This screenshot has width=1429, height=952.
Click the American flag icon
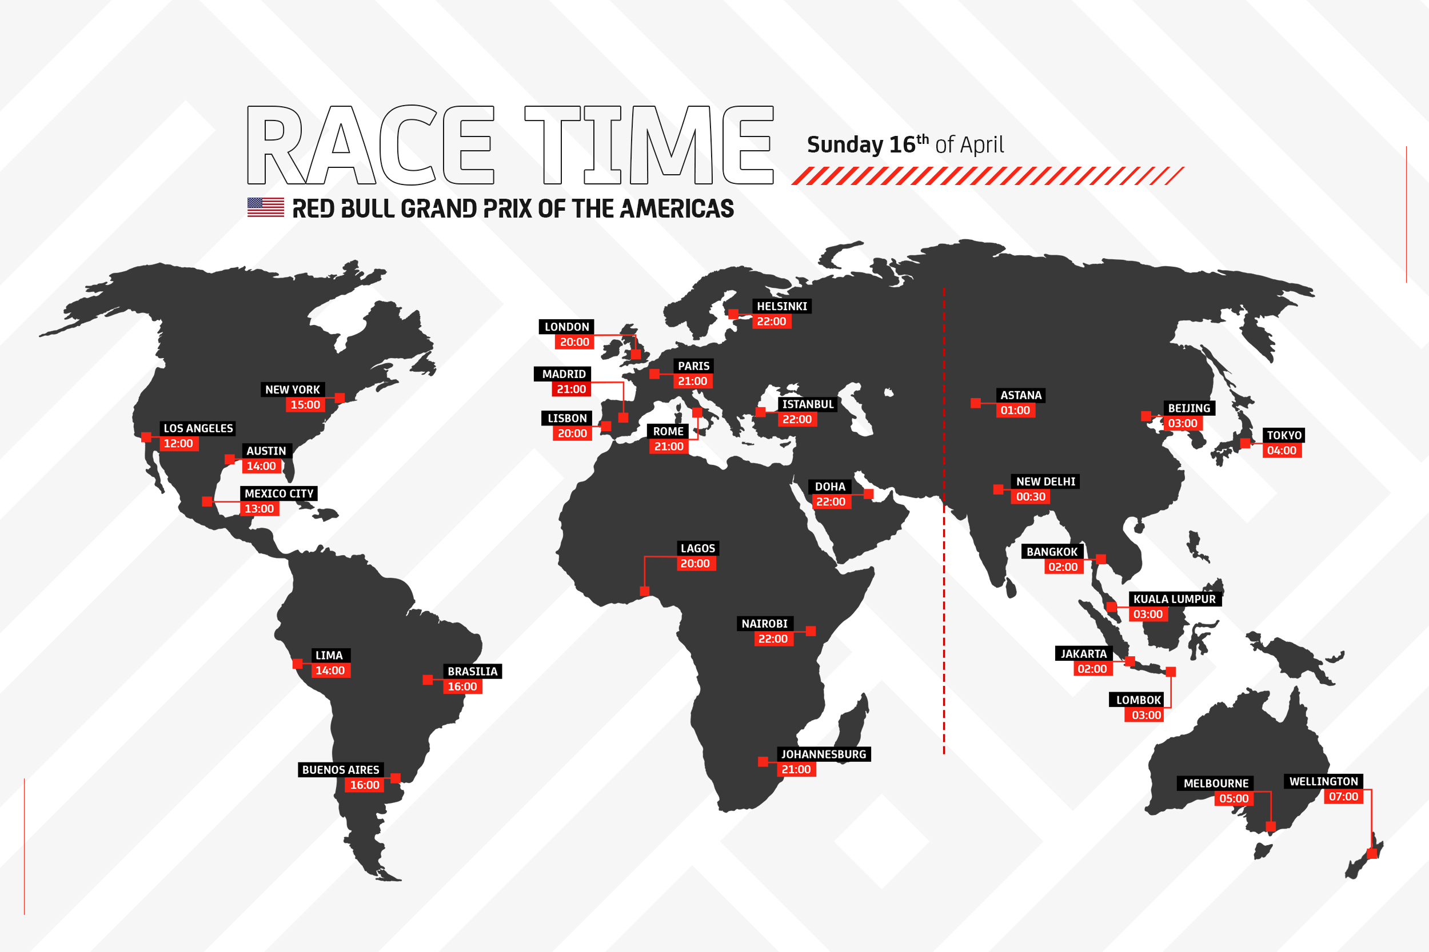(265, 207)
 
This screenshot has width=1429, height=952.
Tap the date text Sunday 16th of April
(905, 144)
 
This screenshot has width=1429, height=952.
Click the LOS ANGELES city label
(198, 428)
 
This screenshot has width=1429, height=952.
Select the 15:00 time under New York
(305, 405)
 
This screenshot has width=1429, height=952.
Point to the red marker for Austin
(230, 459)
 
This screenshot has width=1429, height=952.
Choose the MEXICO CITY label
(279, 493)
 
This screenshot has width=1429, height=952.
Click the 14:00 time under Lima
(330, 670)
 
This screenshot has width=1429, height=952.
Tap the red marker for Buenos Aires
(396, 778)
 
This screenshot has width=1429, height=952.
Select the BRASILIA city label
(472, 672)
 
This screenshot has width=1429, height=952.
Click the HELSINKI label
(781, 307)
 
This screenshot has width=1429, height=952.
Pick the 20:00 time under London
(574, 342)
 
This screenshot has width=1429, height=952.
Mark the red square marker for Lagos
(645, 591)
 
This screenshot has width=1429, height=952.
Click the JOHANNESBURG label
(823, 754)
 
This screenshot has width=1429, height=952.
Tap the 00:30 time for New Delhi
(1031, 497)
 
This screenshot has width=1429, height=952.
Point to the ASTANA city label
(1021, 395)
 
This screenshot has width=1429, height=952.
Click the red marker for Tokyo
(1245, 443)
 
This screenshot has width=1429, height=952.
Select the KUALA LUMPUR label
(1174, 599)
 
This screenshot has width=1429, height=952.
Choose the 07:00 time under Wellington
(1343, 797)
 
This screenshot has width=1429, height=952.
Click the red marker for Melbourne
(1271, 826)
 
